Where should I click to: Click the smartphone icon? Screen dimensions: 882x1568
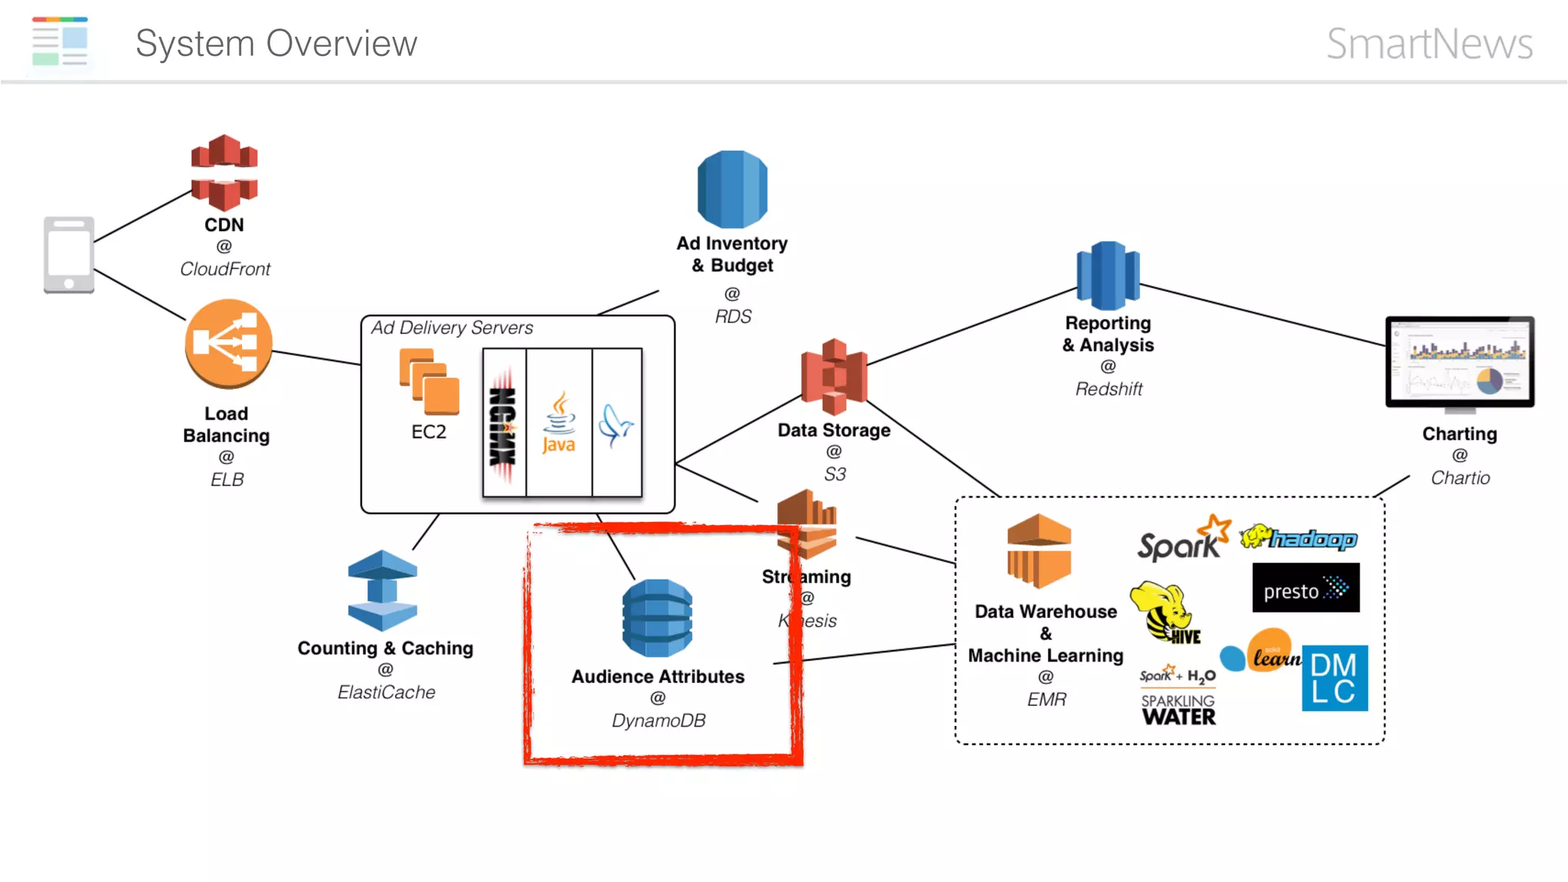tap(69, 254)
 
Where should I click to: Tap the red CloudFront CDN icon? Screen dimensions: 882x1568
tap(224, 173)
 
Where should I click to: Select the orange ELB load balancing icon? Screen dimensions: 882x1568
tap(228, 342)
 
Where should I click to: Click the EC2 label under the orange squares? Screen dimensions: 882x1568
tap(429, 432)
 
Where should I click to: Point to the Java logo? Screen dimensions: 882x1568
tap(559, 423)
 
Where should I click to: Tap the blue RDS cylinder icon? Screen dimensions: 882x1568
tap(732, 189)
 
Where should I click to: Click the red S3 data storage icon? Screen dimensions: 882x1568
tap(834, 376)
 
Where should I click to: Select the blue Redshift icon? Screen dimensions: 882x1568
tap(1108, 275)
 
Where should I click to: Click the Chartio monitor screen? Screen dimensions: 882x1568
tap(1459, 360)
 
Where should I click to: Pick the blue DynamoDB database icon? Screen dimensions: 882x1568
tap(657, 618)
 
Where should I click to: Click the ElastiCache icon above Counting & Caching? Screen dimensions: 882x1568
tap(382, 590)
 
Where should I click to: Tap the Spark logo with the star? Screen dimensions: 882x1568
tap(1182, 540)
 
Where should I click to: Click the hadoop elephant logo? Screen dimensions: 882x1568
tap(1298, 538)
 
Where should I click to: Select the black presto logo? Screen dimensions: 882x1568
tap(1305, 588)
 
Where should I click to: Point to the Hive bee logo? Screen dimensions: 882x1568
tap(1164, 612)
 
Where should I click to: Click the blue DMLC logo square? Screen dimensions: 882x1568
tap(1334, 678)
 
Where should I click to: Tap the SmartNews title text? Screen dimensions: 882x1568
tap(1429, 44)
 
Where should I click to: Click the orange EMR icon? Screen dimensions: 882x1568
tap(1038, 551)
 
